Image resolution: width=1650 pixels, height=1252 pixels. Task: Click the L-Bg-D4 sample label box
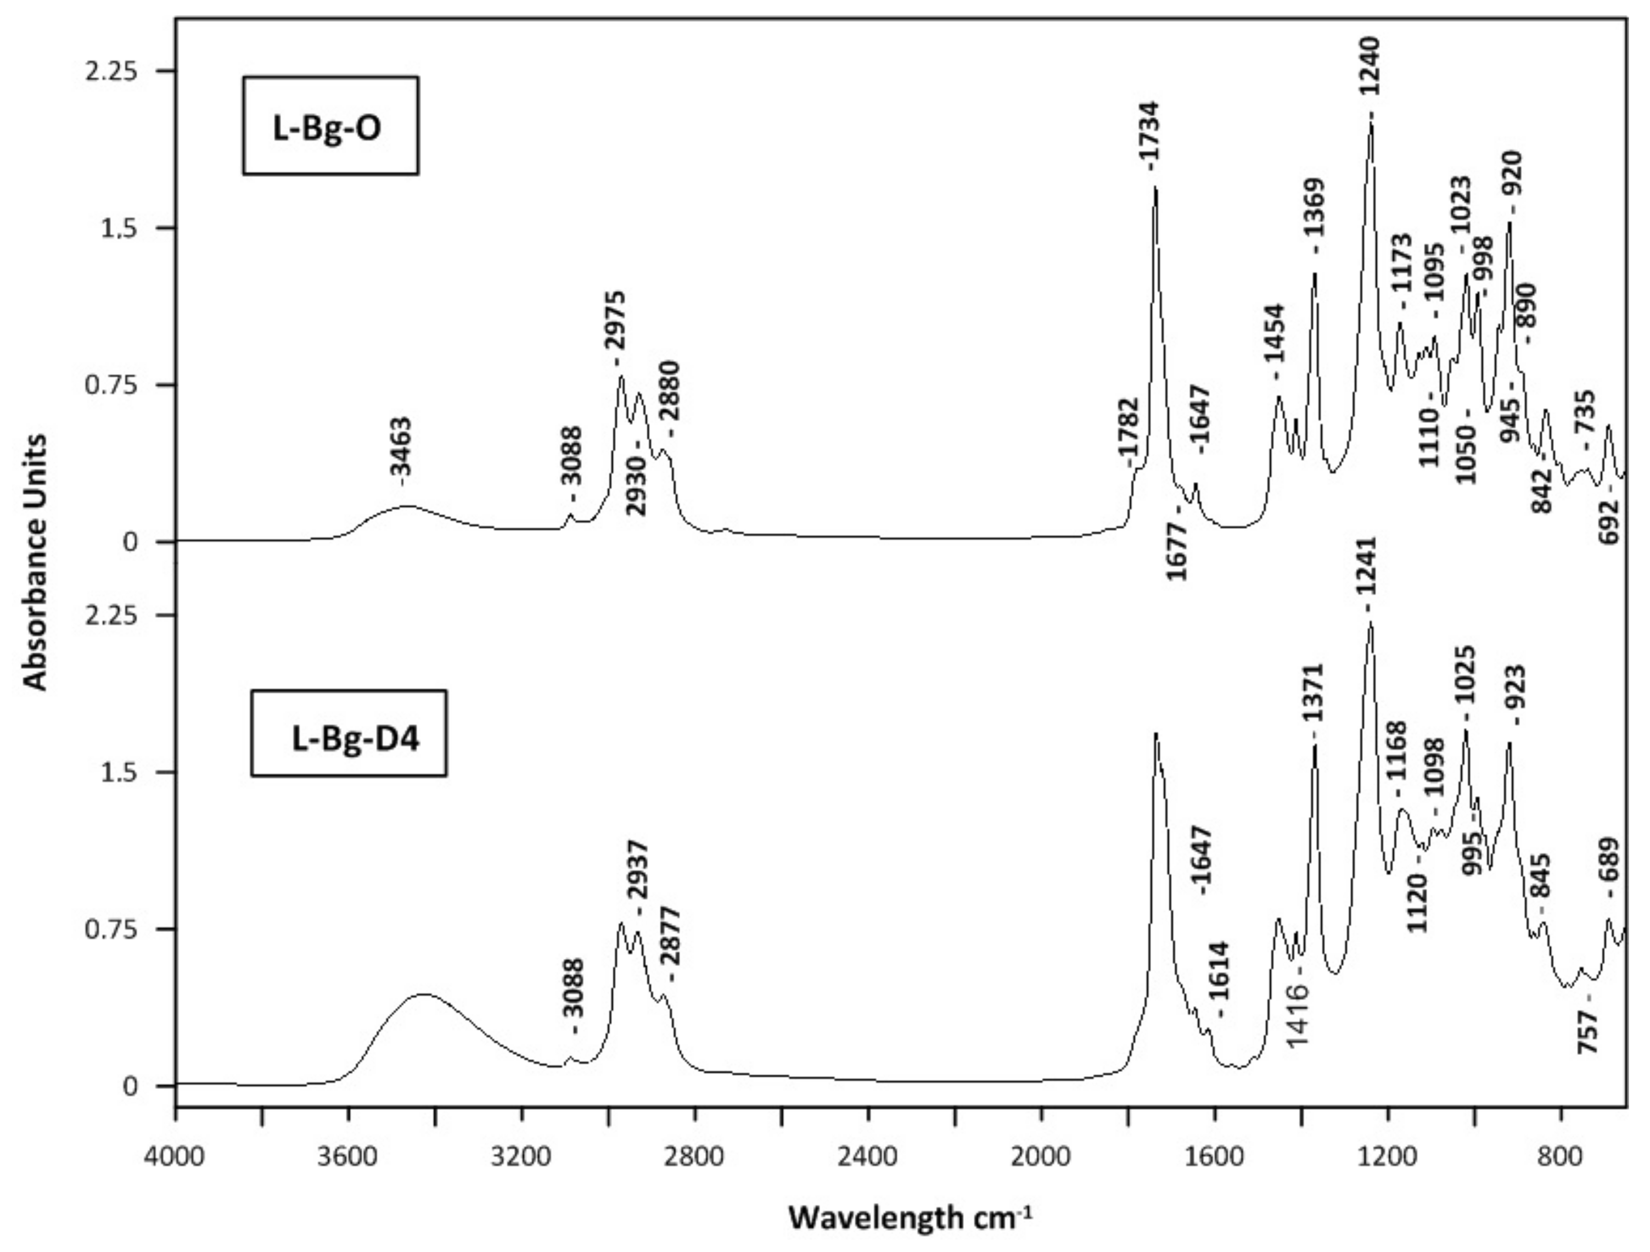349,733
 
